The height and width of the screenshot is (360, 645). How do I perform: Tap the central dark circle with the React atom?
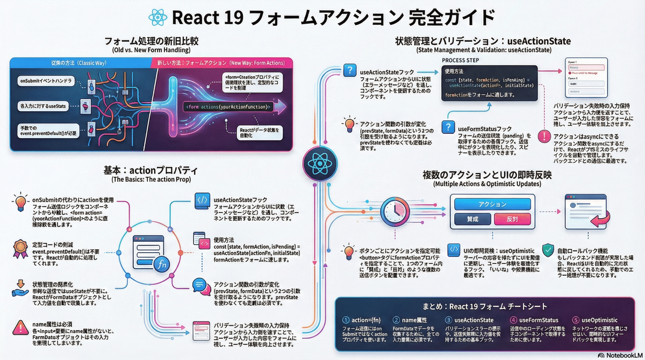coord(320,162)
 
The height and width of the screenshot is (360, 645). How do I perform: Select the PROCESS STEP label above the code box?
coord(461,61)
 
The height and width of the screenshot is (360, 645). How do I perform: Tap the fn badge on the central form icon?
coord(160,263)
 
